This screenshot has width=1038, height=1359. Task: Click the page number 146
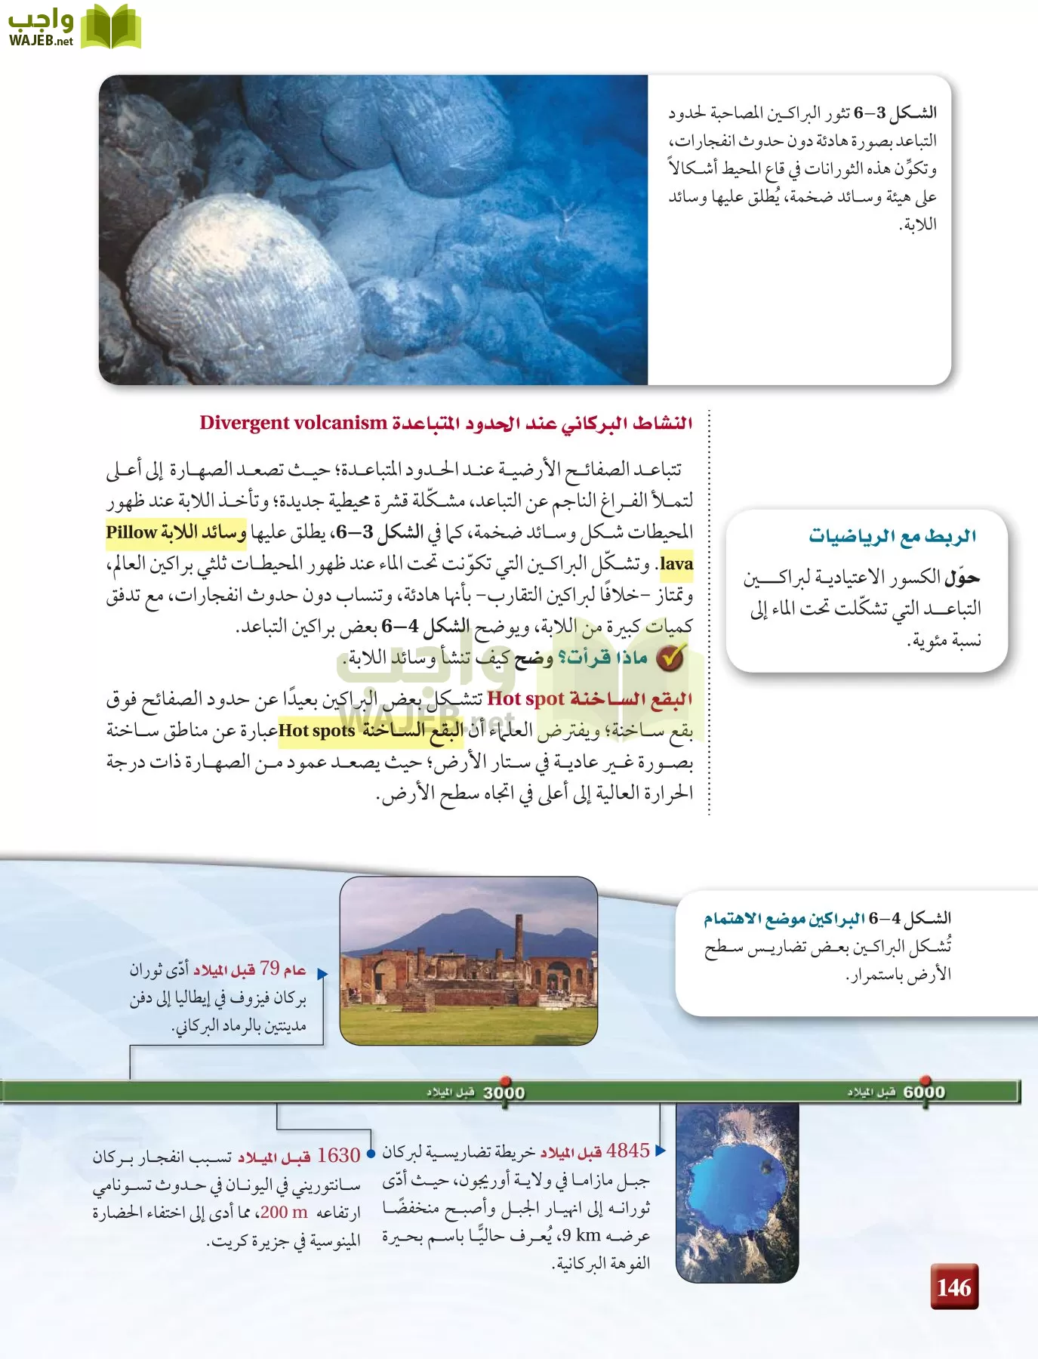click(954, 1287)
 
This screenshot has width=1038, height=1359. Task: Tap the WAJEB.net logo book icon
click(110, 27)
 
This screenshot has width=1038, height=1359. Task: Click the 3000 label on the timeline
click(504, 1092)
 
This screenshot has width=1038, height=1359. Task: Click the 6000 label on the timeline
click(924, 1092)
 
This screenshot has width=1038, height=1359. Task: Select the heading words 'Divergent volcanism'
click(293, 423)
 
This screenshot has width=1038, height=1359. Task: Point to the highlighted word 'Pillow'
click(131, 532)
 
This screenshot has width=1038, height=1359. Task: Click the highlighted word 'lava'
click(676, 564)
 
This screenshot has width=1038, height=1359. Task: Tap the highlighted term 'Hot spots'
click(317, 731)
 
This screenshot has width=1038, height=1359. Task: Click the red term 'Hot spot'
click(525, 699)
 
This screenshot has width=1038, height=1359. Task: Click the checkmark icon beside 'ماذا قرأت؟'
click(670, 658)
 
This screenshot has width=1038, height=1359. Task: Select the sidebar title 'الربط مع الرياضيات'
click(892, 536)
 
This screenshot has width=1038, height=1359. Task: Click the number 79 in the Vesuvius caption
click(270, 968)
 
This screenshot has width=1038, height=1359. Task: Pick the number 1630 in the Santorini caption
click(338, 1156)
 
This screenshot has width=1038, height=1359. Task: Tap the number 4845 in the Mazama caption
click(627, 1151)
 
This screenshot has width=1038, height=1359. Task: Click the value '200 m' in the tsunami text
click(284, 1213)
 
